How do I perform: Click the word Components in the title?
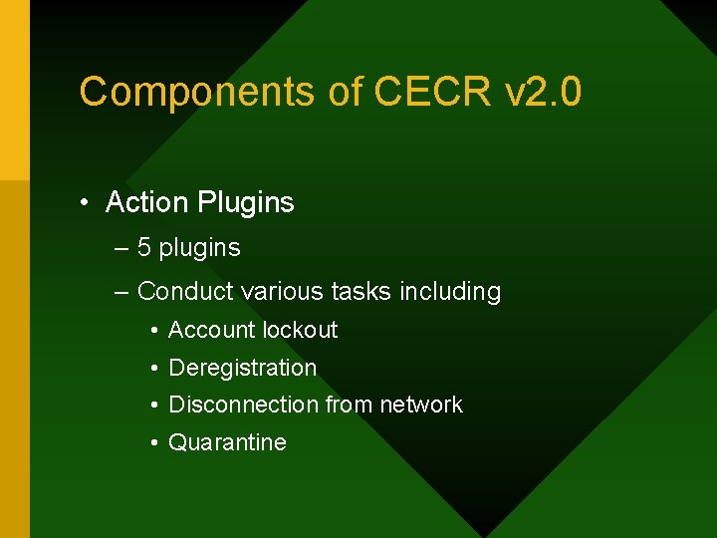pos(196,92)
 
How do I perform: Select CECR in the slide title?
pos(433,92)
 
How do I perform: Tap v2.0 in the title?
pos(543,92)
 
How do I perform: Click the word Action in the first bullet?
pos(147,202)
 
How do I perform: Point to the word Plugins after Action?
pos(246,203)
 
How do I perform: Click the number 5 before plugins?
pos(144,247)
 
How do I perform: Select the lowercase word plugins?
pos(199,248)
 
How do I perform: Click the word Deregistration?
pos(243,368)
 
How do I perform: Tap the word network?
pos(421,404)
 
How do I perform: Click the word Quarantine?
pos(227,442)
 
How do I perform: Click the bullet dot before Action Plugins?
pos(87,203)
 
